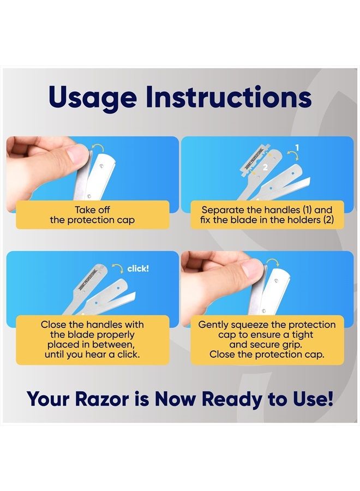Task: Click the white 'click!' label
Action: tap(137, 268)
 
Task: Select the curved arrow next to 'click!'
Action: tap(116, 268)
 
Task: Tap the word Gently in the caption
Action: tap(214, 324)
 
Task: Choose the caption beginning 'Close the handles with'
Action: tap(91, 339)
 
